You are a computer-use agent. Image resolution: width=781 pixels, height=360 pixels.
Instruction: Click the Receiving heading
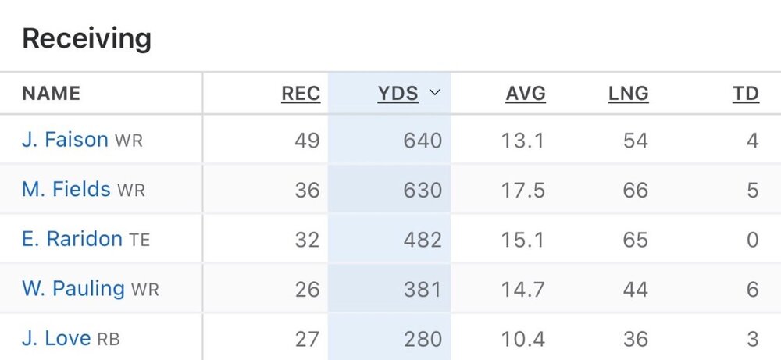(x=87, y=38)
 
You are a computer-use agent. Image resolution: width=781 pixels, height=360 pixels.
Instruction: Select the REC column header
(x=301, y=94)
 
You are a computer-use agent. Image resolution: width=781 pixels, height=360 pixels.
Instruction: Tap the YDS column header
(x=398, y=94)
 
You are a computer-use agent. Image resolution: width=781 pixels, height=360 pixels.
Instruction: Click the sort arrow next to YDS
(x=435, y=93)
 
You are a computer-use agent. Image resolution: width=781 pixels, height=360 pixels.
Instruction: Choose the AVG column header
(x=526, y=94)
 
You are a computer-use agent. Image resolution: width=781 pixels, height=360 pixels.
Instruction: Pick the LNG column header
(x=629, y=94)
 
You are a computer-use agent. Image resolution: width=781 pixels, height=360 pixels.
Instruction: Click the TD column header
(x=746, y=94)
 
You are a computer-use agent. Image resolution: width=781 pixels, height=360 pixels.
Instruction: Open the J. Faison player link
(x=65, y=140)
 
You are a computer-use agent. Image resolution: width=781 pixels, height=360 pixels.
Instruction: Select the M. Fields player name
(x=66, y=189)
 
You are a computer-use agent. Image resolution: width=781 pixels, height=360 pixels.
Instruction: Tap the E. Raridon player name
(x=72, y=239)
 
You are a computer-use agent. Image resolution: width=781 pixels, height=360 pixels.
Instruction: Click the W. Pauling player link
(x=73, y=288)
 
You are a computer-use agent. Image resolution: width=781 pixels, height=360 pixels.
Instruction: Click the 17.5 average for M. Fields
(x=522, y=190)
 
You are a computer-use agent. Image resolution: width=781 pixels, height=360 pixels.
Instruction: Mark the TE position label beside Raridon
(x=140, y=240)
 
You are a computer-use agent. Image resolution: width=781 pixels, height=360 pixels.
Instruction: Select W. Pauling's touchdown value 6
(x=752, y=289)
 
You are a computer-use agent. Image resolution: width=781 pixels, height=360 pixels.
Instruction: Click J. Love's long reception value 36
(x=636, y=339)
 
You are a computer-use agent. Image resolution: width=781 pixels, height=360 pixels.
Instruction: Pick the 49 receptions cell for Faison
(x=307, y=141)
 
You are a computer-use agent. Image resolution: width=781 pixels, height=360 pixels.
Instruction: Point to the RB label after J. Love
(x=108, y=340)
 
